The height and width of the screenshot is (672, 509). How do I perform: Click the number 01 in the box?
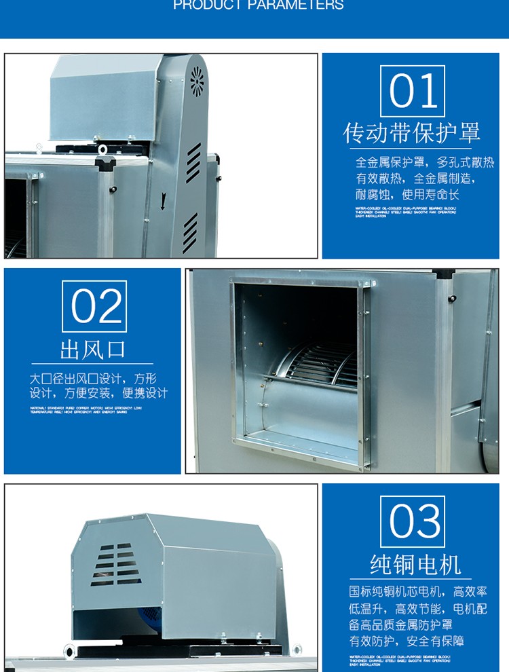coord(412,90)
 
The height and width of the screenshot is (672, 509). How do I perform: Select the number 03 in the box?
coord(412,521)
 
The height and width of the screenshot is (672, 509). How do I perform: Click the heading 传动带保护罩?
coord(411,132)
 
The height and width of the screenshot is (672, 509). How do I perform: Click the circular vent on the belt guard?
coord(197,81)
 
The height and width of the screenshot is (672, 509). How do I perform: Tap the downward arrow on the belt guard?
coord(163,201)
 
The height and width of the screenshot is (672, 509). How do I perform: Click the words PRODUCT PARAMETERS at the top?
coord(258,6)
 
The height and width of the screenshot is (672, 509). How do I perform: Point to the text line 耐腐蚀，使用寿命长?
coord(407,195)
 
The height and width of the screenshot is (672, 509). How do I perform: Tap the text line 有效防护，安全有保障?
coord(407,641)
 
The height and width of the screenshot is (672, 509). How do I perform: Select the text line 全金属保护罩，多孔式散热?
coord(425,163)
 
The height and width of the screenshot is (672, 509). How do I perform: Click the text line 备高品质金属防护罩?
coord(400,624)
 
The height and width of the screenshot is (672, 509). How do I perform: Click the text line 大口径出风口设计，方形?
coord(93,378)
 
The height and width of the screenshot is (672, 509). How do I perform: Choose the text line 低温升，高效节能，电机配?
coord(418,608)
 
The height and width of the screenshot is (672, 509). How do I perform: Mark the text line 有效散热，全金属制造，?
coord(415,179)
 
